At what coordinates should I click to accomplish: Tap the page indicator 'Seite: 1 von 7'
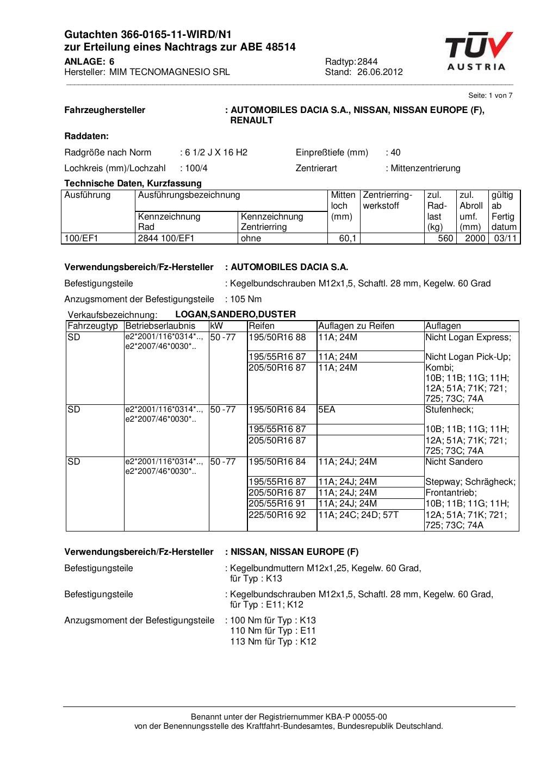tap(490, 95)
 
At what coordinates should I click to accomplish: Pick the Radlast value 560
tap(445, 238)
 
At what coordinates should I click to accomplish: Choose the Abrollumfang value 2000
tap(475, 238)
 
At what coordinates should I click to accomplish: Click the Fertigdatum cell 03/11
tap(504, 238)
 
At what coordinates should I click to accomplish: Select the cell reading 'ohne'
tap(251, 238)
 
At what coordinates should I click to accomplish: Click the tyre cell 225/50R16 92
tap(277, 515)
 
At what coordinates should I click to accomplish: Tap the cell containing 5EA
tap(327, 409)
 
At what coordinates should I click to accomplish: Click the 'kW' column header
tap(216, 326)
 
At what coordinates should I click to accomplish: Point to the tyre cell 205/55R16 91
tap(277, 503)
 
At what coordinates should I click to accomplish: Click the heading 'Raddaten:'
tap(86, 136)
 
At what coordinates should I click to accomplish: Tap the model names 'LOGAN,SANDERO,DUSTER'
tap(235, 314)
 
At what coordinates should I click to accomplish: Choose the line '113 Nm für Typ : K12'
tap(273, 641)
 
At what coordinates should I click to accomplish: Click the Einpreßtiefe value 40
tap(395, 152)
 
